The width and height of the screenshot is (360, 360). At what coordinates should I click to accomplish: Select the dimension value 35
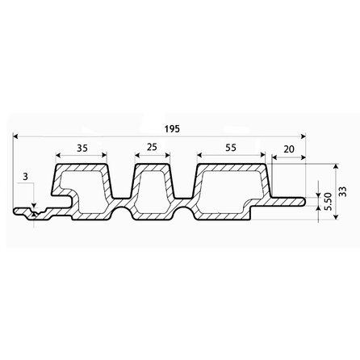[x=82, y=149]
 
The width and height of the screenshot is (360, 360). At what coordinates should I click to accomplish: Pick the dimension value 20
[x=289, y=149]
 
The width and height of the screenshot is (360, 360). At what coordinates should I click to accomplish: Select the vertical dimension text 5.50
[x=326, y=202]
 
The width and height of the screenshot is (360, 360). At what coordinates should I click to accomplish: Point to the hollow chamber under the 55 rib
[x=230, y=193]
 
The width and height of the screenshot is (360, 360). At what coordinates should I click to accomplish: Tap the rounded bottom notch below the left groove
[x=119, y=214]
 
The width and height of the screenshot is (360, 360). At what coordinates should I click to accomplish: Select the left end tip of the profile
[x=15, y=212]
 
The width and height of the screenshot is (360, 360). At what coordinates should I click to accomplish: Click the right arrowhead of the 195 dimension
[x=306, y=138]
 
